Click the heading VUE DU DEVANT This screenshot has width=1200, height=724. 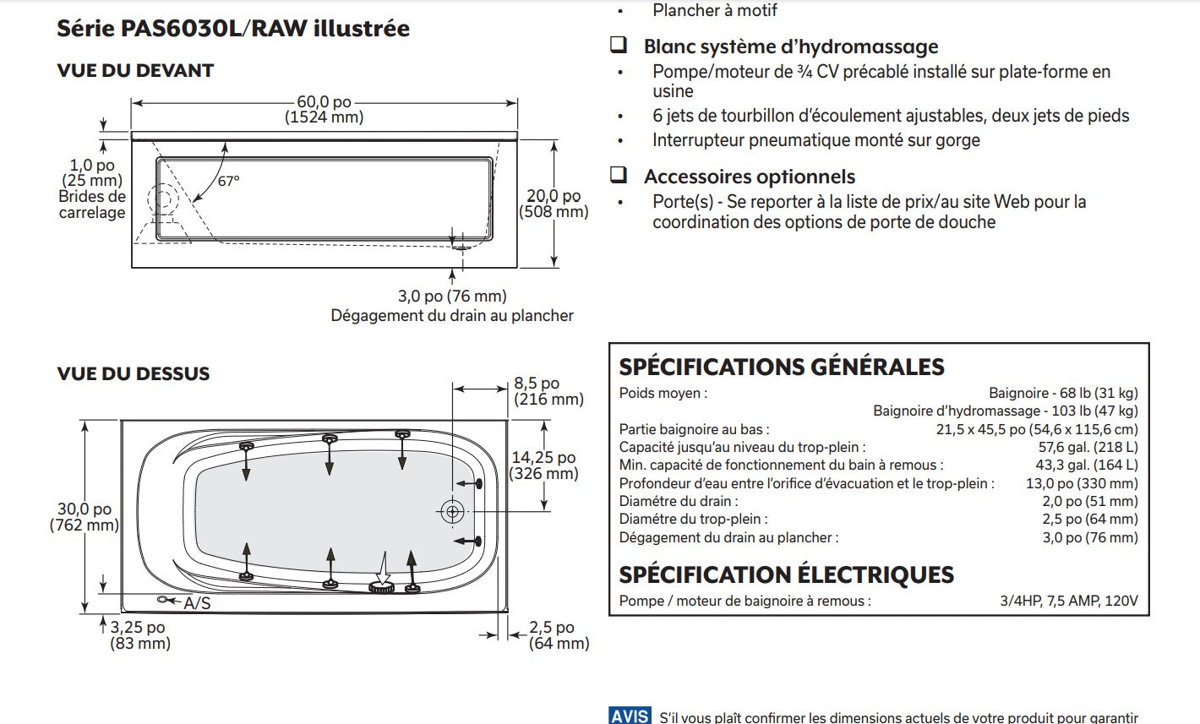click(x=135, y=71)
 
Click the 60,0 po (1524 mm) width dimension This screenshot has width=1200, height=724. click(x=324, y=110)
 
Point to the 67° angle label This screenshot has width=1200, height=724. click(x=228, y=181)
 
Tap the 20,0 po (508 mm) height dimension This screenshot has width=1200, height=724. click(x=554, y=204)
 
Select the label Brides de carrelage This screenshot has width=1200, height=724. click(x=92, y=204)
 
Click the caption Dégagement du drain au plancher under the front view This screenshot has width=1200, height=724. click(x=451, y=316)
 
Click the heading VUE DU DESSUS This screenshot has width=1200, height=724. click(x=134, y=373)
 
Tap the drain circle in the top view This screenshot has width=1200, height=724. click(x=452, y=511)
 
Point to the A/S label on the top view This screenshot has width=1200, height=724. click(x=197, y=603)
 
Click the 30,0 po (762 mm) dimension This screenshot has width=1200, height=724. click(x=84, y=517)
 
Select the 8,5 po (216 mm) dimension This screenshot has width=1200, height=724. click(x=548, y=391)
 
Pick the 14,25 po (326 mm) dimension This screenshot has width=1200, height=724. click(x=543, y=465)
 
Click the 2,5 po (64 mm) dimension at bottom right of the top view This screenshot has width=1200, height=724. click(x=559, y=635)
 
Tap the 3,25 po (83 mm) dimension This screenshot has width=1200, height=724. click(x=139, y=635)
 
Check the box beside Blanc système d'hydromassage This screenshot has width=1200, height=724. click(x=619, y=46)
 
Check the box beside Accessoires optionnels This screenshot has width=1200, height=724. click(x=619, y=176)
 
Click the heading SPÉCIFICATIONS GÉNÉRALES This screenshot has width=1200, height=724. click(x=782, y=367)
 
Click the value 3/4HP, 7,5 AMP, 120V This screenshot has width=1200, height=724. click(x=1068, y=602)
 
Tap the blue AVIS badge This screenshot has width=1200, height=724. click(x=630, y=716)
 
